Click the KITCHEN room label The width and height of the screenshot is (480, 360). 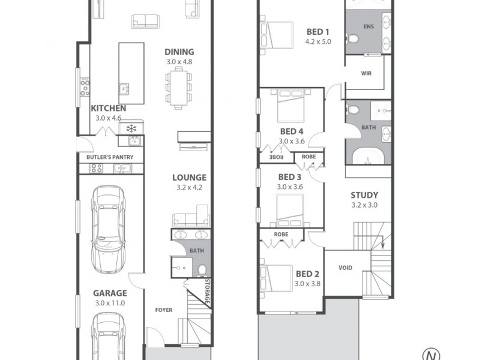(x=109, y=108)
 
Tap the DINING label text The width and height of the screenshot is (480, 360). (x=179, y=52)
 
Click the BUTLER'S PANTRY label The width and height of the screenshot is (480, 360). (x=106, y=158)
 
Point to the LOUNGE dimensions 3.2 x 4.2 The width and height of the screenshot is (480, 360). (x=189, y=187)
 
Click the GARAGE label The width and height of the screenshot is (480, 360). (x=109, y=293)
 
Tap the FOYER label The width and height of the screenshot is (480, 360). (x=164, y=310)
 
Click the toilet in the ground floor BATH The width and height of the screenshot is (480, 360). (x=202, y=269)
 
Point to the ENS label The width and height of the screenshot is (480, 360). (x=368, y=28)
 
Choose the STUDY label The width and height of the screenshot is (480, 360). (x=364, y=195)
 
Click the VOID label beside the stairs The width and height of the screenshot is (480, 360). (x=346, y=268)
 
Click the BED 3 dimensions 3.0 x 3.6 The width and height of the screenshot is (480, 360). (x=290, y=187)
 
